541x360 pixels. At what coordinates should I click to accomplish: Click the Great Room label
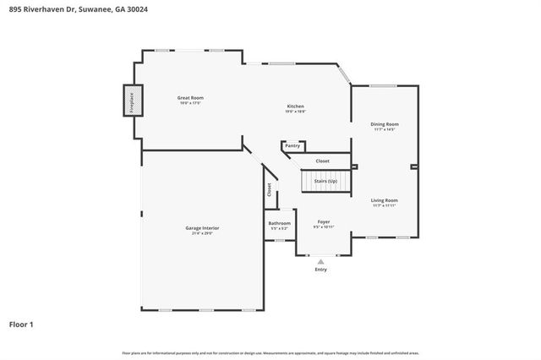tap(190, 98)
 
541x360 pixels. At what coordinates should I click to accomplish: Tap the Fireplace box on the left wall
tap(132, 101)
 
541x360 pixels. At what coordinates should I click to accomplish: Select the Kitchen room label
tap(295, 106)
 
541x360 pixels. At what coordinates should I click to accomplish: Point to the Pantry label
tap(292, 145)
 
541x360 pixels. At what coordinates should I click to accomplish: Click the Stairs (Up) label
tap(325, 181)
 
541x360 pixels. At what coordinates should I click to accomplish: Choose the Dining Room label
tap(385, 124)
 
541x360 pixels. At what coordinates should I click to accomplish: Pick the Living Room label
tap(385, 200)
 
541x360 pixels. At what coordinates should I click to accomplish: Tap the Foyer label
tap(324, 221)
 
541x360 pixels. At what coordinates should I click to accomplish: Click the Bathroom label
tap(280, 224)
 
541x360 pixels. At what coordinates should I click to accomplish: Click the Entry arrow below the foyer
tap(321, 262)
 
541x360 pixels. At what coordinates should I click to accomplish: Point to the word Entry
tap(321, 270)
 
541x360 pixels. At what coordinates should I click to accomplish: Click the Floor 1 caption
tap(21, 324)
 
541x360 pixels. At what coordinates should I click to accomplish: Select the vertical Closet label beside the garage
tap(270, 191)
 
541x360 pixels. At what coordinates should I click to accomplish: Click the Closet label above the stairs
tap(322, 161)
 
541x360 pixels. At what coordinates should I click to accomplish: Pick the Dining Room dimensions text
tap(385, 129)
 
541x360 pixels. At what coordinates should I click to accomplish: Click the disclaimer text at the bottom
tap(270, 352)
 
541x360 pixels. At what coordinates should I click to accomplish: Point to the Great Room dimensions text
tap(190, 103)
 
